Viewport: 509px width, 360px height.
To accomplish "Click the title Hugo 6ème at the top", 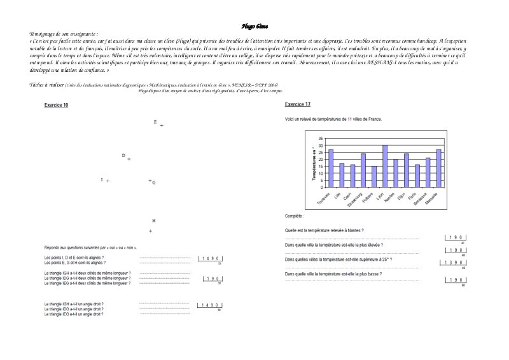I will [254, 26].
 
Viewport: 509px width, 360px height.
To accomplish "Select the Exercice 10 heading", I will [56, 104].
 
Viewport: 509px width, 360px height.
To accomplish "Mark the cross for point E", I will [162, 126].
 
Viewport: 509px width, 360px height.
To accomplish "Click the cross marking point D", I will [129, 159].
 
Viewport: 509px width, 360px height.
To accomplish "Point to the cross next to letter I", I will [108, 181].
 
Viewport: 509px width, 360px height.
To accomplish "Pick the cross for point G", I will [150, 181].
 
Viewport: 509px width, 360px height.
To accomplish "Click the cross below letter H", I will [150, 230].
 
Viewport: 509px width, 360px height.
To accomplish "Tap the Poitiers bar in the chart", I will [374, 177].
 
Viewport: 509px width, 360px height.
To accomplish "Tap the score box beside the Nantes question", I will [455, 237].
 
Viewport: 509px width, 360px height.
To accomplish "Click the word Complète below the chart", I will [294, 216].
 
